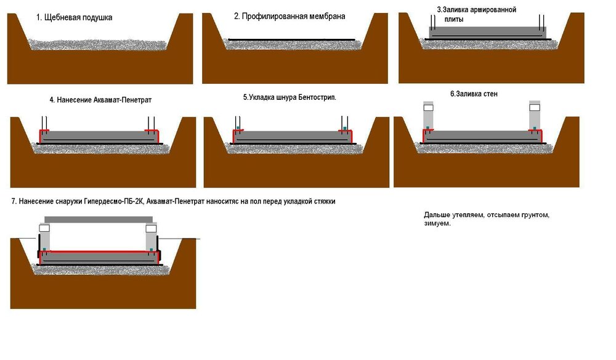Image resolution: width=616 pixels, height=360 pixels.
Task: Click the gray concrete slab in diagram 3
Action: pos(487,33)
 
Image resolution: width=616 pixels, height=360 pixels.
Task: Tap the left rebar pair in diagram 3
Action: pos(434,23)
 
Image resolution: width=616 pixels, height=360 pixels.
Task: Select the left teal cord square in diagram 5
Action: pos(237,129)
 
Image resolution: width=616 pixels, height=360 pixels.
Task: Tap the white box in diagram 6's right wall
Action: pos(535,107)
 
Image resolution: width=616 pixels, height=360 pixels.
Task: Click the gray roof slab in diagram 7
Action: pos(99,219)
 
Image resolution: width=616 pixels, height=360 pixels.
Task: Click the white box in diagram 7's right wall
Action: pos(150,228)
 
